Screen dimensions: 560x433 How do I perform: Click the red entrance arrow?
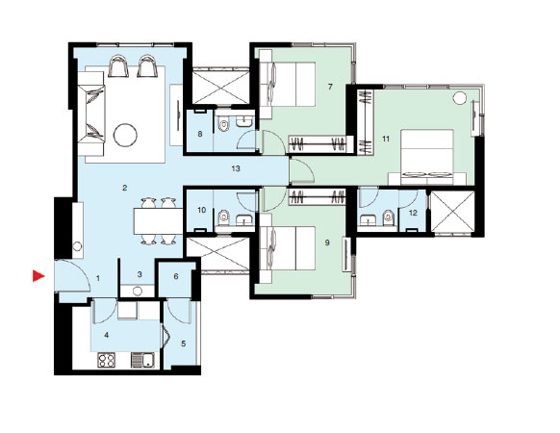pyautogui.click(x=38, y=276)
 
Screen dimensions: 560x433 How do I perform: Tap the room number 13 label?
pyautogui.click(x=236, y=168)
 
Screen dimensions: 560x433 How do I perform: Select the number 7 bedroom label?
pyautogui.click(x=330, y=87)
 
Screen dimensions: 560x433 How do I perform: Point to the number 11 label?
pyautogui.click(x=386, y=139)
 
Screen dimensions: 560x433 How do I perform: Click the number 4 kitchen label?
pyautogui.click(x=106, y=335)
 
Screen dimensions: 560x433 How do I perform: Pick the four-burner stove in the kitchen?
pyautogui.click(x=107, y=360)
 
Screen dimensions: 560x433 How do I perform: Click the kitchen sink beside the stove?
pyautogui.click(x=142, y=360)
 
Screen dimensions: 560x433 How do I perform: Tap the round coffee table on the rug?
pyautogui.click(x=125, y=135)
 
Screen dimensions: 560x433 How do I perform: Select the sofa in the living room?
pyautogui.click(x=91, y=114)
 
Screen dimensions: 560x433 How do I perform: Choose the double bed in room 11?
pyautogui.click(x=427, y=157)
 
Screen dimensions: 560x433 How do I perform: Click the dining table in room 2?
pyautogui.click(x=158, y=221)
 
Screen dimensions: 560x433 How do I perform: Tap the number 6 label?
pyautogui.click(x=176, y=276)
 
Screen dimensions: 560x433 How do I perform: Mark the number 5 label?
pyautogui.click(x=184, y=344)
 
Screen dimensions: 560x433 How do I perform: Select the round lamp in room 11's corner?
pyautogui.click(x=460, y=97)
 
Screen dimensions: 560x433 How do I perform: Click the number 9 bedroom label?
pyautogui.click(x=327, y=242)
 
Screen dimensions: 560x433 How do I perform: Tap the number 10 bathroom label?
pyautogui.click(x=202, y=210)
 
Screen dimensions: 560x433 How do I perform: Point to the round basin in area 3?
pyautogui.click(x=138, y=291)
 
